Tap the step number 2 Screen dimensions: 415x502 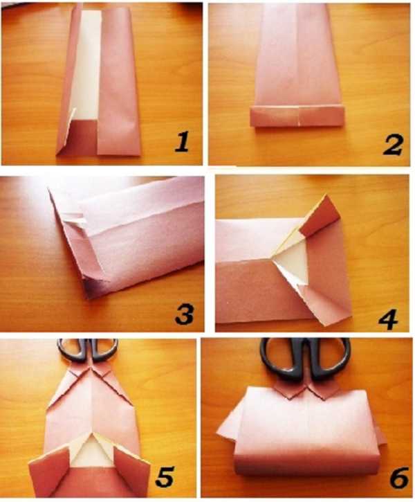(393, 145)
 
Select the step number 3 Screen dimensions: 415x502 (185, 314)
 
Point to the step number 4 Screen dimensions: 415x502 (388, 319)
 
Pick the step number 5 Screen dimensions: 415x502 (165, 477)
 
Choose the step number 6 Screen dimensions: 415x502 (399, 478)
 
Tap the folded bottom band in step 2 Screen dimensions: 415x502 (297, 116)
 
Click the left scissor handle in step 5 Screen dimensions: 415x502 (73, 349)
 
